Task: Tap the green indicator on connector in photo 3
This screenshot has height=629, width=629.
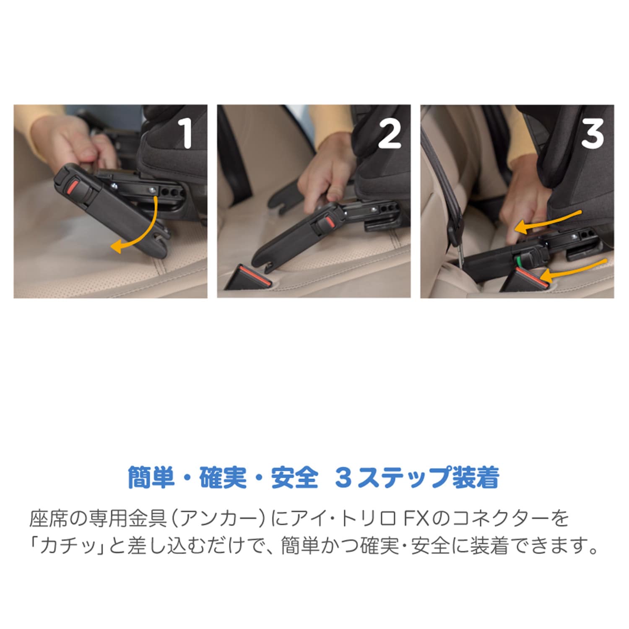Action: pos(518,262)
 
